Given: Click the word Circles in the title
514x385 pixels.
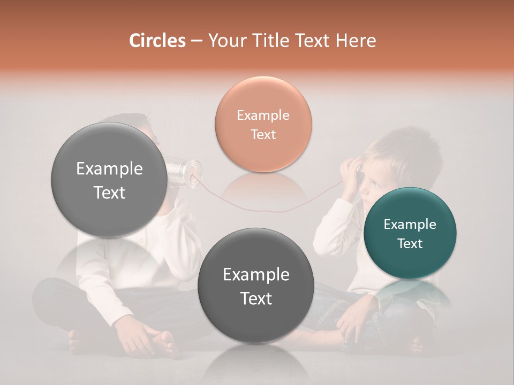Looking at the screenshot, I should tap(157, 41).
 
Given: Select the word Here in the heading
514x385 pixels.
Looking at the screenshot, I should tap(357, 41).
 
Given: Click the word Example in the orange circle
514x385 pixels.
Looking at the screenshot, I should tap(263, 115).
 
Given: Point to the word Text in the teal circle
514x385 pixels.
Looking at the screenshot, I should tap(410, 243).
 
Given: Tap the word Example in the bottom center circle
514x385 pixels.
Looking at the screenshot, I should tap(255, 274).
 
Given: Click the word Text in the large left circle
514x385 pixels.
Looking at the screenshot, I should tap(109, 192).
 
